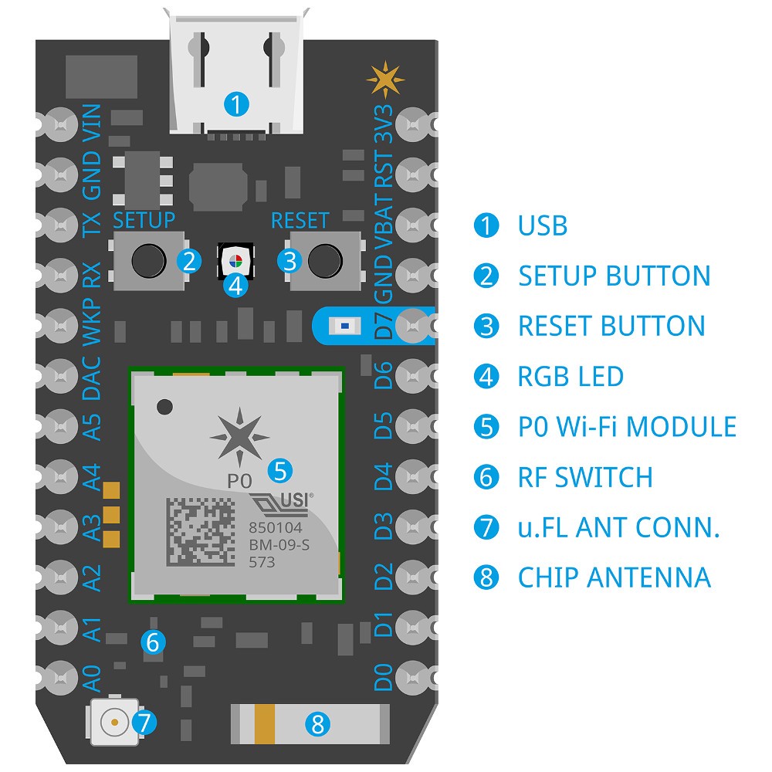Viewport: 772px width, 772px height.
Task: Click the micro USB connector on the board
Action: click(x=237, y=73)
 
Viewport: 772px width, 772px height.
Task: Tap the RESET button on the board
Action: click(x=323, y=262)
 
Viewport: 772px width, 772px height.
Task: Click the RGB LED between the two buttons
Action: click(x=237, y=260)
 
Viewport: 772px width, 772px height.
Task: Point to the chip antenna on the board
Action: click(x=309, y=723)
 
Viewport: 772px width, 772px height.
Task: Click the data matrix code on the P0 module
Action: click(x=199, y=530)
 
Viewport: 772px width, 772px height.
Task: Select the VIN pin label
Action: click(x=92, y=123)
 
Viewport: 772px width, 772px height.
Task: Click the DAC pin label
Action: click(x=92, y=378)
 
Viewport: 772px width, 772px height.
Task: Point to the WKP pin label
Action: click(x=92, y=325)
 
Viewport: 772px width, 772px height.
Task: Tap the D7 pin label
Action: click(x=384, y=325)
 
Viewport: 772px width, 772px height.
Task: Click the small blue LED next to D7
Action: click(x=341, y=326)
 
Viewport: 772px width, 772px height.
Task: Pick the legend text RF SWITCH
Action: click(x=585, y=477)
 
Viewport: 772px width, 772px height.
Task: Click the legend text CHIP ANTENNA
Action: click(x=614, y=577)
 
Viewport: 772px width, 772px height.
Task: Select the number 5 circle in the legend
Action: click(x=486, y=427)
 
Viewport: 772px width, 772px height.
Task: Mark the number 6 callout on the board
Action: click(x=152, y=641)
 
